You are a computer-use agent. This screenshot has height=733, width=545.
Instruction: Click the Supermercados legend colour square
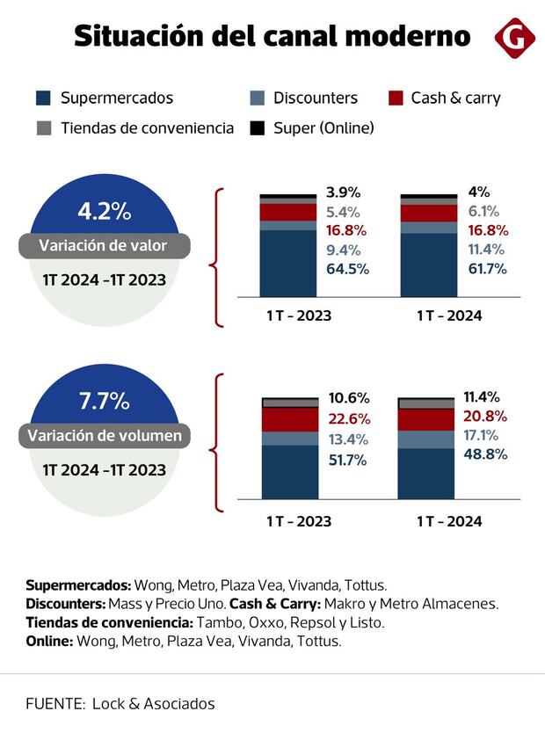43,98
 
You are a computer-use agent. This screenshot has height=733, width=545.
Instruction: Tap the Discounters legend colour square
258,98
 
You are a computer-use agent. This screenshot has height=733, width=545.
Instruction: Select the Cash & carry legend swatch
395,98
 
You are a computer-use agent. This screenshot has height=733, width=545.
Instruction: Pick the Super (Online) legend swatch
258,128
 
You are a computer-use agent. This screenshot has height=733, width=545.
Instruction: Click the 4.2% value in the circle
104,212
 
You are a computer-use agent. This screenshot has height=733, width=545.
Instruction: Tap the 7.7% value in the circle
104,402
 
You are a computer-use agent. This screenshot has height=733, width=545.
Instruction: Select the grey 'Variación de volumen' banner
105,435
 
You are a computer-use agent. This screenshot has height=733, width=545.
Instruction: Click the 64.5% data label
347,269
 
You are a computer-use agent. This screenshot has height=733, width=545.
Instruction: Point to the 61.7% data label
485,269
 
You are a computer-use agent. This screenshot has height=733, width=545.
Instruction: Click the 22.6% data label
348,419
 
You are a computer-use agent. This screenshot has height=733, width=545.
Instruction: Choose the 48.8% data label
485,454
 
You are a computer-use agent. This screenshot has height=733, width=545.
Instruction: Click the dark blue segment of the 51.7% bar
290,472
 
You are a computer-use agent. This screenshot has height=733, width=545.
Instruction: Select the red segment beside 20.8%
427,419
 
